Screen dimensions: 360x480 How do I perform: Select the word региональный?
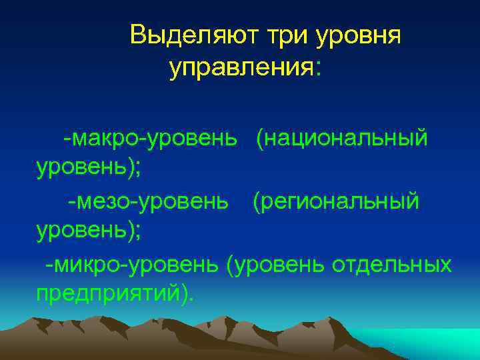click(x=336, y=201)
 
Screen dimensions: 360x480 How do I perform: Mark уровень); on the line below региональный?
click(x=88, y=231)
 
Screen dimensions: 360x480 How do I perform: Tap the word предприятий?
click(x=107, y=293)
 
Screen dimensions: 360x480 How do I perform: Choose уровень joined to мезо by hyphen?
click(x=189, y=201)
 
